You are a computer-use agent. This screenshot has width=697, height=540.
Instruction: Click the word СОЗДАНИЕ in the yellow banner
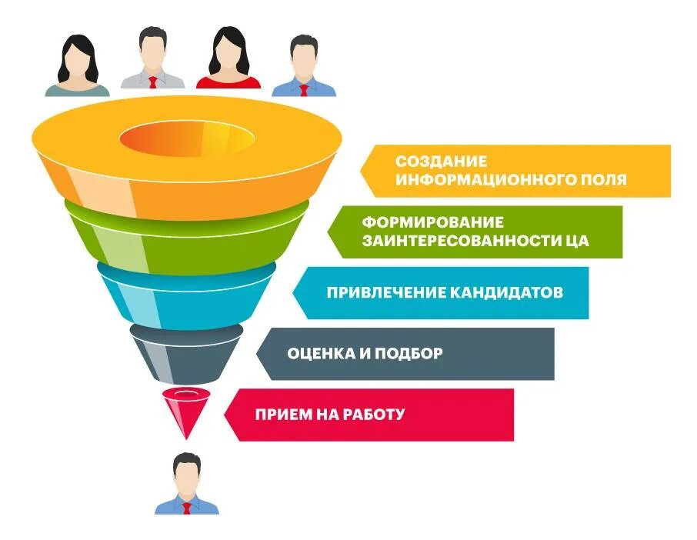[442, 162]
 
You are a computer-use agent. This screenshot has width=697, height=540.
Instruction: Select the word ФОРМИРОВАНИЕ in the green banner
[433, 222]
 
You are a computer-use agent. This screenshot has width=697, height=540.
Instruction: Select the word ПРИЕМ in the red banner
[282, 414]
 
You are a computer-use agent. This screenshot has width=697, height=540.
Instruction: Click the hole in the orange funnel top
[187, 141]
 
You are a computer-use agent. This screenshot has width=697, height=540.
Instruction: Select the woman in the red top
[228, 62]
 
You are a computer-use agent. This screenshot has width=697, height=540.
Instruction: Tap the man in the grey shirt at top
[153, 60]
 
